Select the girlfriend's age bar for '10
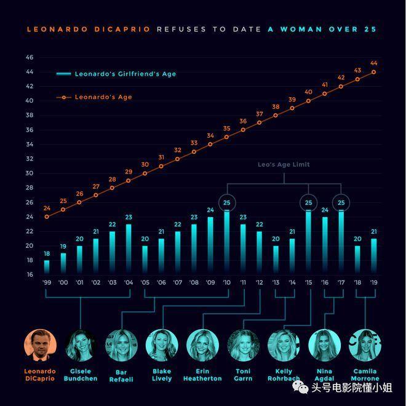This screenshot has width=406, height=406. click(x=226, y=243)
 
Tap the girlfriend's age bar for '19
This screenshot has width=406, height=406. click(x=373, y=257)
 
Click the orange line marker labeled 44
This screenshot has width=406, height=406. click(x=373, y=72)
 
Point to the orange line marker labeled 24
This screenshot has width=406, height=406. click(x=47, y=217)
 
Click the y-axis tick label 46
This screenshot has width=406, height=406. click(x=30, y=58)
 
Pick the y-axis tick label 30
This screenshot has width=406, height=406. click(x=30, y=173)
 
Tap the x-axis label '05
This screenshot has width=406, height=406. click(x=145, y=283)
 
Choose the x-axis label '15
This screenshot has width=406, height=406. click(x=308, y=283)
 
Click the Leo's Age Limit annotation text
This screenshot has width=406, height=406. click(x=284, y=165)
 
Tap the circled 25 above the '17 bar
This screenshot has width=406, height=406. click(x=341, y=202)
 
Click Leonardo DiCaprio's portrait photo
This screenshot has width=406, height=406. click(x=40, y=345)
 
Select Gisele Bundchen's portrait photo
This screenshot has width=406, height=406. click(x=81, y=345)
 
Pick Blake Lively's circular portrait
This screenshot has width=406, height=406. click(x=162, y=345)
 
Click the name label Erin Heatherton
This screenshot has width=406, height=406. click(x=202, y=375)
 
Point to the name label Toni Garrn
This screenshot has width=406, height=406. click(x=243, y=375)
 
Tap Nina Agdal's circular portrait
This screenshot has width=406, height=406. click(x=324, y=345)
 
